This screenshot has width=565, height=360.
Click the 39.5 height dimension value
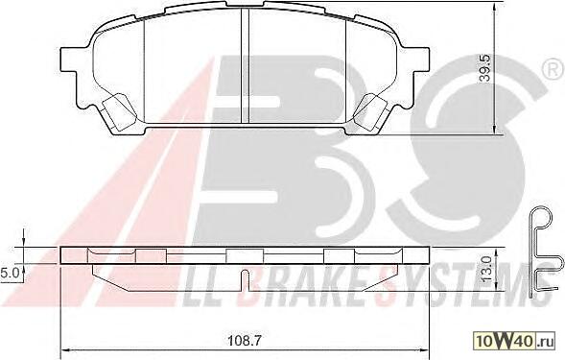coord(486,68)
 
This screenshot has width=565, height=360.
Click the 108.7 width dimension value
coord(245,340)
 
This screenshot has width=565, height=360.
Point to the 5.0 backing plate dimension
coord(7,273)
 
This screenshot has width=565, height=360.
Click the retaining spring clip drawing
coord(545,252)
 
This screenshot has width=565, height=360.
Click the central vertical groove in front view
coord(245,65)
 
